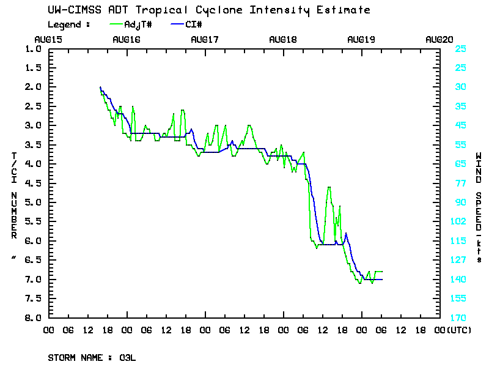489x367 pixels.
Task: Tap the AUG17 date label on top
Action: pos(205,39)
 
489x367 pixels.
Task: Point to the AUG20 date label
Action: pos(439,39)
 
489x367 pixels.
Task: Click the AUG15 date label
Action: pos(48,39)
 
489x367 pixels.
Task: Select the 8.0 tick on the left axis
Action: pos(33,318)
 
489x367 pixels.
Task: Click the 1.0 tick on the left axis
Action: pos(33,48)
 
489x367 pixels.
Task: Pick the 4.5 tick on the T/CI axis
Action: pos(33,183)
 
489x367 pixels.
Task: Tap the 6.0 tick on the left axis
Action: pos(33,241)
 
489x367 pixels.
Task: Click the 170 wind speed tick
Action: pos(461,318)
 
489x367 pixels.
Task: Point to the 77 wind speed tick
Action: pos(461,183)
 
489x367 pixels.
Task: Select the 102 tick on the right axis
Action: pos(461,221)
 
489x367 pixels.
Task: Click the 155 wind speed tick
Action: pos(461,298)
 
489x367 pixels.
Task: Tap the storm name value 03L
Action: pos(128,357)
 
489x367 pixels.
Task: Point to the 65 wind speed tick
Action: pos(461,164)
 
